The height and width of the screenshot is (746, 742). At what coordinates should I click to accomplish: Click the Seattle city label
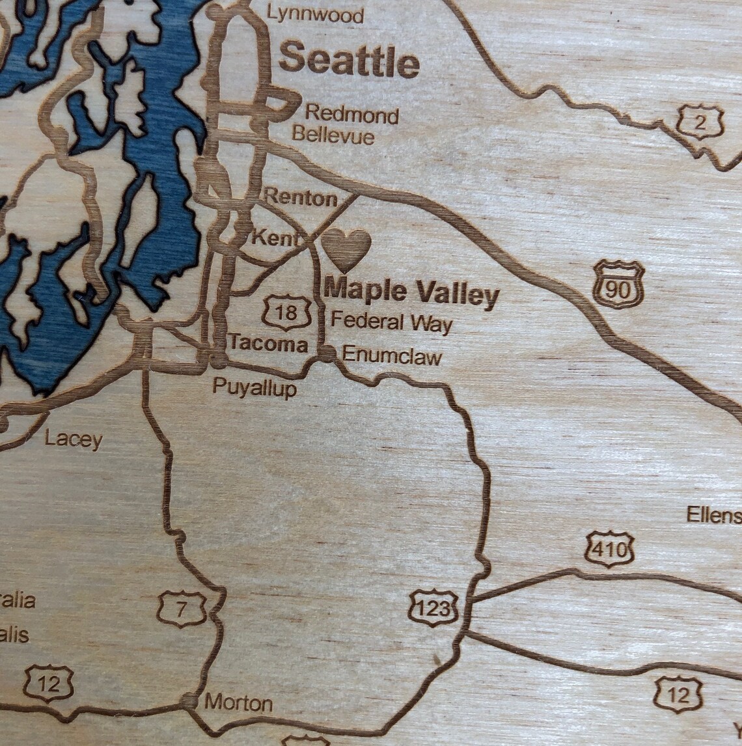350,61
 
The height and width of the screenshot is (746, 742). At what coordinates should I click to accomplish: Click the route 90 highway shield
618,284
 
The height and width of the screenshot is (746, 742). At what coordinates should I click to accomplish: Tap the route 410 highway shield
609,549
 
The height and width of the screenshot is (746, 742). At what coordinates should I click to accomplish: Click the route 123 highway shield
433,608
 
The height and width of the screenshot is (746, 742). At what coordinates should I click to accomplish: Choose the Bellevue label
333,135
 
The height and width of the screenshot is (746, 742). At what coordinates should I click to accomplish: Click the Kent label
273,238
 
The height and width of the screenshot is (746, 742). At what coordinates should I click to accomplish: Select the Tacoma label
268,344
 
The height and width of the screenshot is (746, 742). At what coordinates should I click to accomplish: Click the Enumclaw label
391,355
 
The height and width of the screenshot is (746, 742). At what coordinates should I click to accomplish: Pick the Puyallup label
254,388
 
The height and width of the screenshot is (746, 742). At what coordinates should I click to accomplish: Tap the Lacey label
74,439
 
